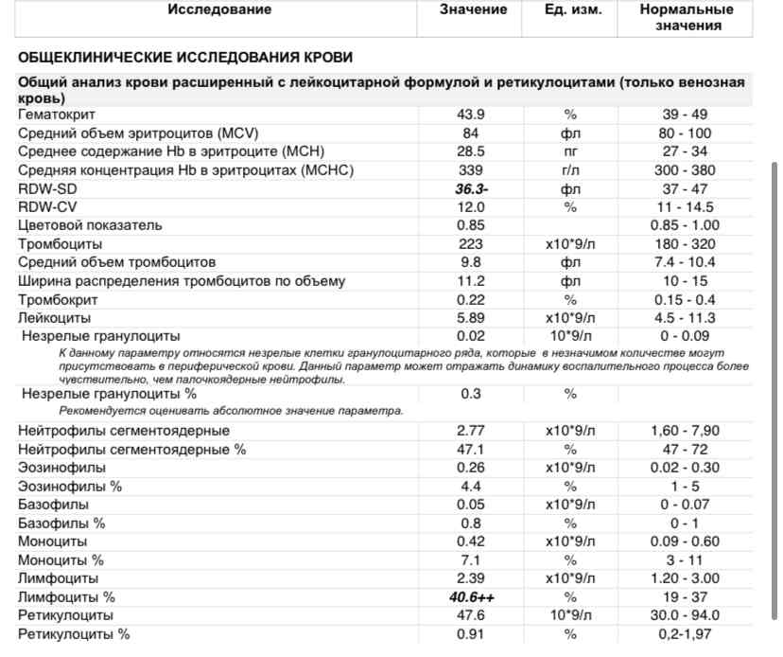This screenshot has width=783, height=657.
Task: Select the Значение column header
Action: click(473, 9)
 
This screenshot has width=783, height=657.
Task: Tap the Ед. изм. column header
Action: click(569, 9)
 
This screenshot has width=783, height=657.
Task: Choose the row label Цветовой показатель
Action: click(90, 225)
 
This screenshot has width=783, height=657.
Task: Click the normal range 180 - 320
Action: click(685, 244)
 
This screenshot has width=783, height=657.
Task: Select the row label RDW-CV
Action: click(46, 206)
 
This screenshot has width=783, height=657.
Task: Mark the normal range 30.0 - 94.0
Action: click(685, 615)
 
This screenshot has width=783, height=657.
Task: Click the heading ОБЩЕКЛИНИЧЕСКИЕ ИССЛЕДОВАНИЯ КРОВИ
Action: click(185, 58)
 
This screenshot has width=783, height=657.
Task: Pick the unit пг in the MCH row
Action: click(570, 151)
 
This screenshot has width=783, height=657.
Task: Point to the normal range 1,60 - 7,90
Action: click(685, 431)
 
